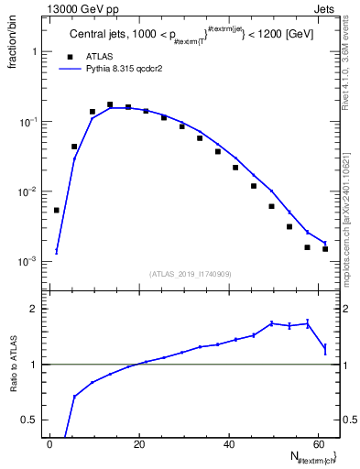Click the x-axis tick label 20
click(x=139, y=443)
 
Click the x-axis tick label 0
click(x=50, y=443)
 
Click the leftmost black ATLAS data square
click(x=57, y=210)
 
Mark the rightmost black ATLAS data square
click(x=325, y=249)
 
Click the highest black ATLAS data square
click(x=110, y=104)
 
